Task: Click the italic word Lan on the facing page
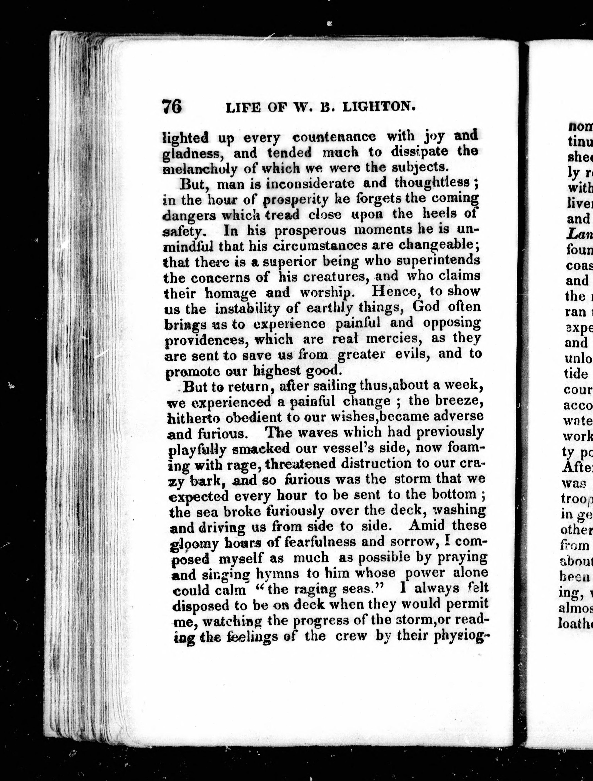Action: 579,234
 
